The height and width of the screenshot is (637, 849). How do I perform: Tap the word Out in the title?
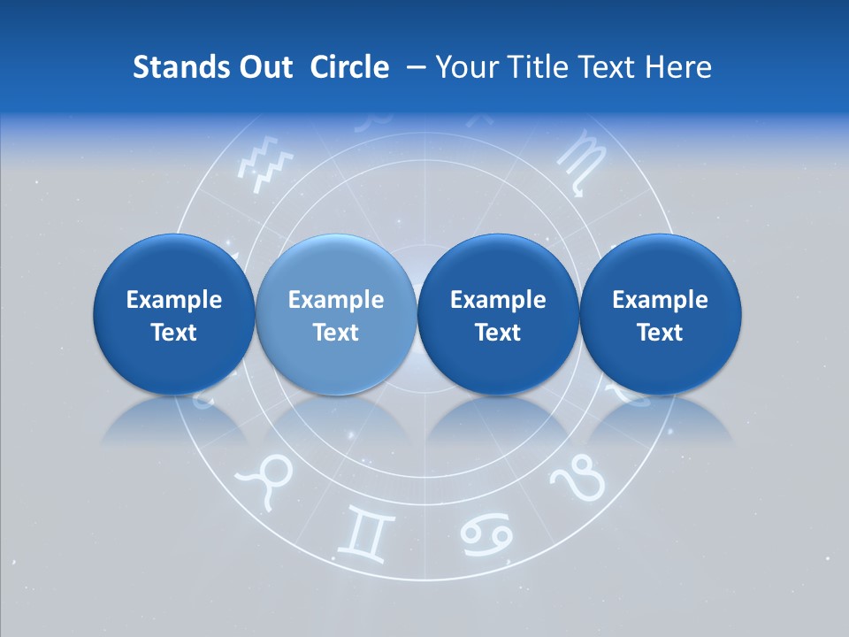point(264,67)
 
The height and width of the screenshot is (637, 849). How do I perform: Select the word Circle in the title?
point(349,67)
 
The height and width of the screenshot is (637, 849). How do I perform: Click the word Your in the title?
point(468,67)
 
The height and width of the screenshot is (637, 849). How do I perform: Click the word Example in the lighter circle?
point(336,300)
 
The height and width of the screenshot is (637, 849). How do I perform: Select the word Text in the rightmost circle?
point(660,333)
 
